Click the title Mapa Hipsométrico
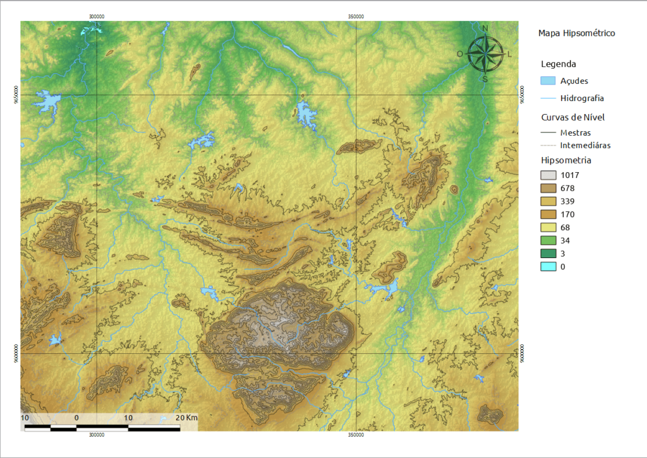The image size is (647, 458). (576, 33)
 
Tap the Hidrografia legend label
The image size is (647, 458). (582, 98)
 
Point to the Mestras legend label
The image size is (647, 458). (576, 133)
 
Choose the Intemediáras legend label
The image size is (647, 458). (585, 145)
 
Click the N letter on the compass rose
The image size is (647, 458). (485, 28)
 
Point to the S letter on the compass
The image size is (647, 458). (485, 79)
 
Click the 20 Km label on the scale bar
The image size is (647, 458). (186, 418)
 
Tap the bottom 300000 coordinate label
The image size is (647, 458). (97, 435)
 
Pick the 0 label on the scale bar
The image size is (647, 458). (76, 418)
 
